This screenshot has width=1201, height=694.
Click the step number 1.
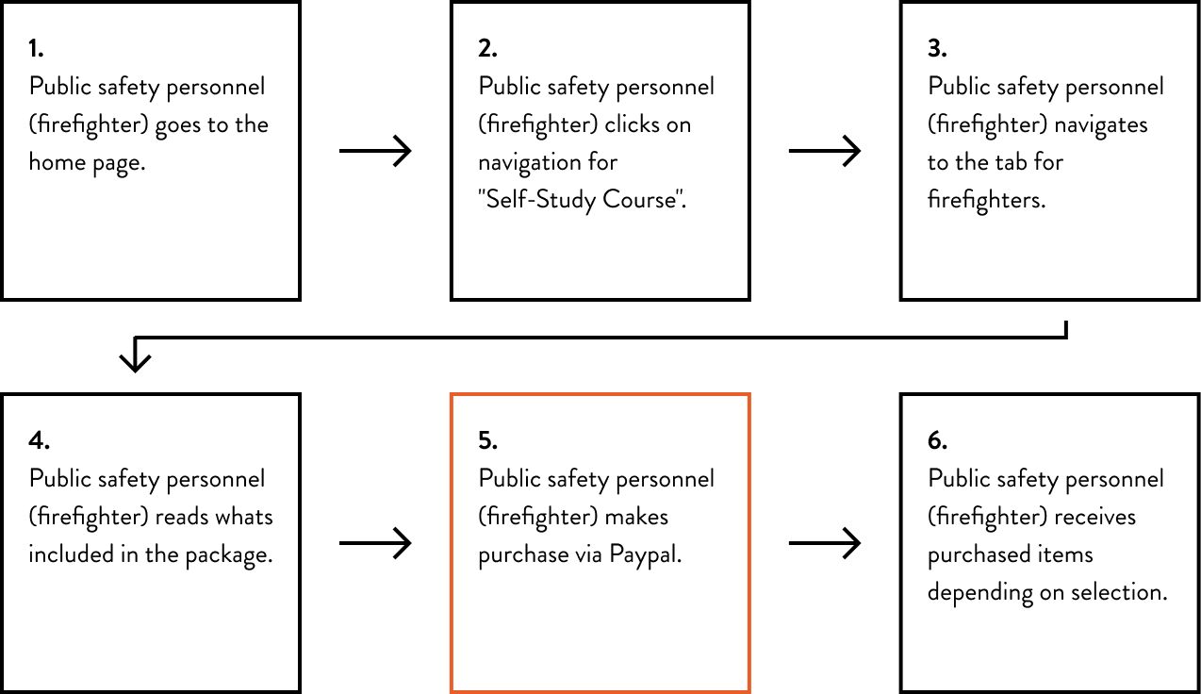tap(36, 48)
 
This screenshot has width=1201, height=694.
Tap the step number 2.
tap(487, 48)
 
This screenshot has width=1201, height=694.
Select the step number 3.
tap(937, 48)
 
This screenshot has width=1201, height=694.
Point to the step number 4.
tap(40, 440)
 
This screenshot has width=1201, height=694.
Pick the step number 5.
tap(487, 440)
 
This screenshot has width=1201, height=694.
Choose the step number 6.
tap(937, 440)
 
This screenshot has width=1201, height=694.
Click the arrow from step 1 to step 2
tap(375, 151)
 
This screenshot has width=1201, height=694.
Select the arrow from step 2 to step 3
tap(825, 151)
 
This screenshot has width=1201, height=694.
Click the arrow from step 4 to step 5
tap(375, 543)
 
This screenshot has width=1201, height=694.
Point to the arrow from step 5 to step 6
tap(825, 543)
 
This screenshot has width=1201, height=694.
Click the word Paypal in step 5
tap(645, 555)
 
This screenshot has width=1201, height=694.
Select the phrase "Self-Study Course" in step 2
tap(583, 200)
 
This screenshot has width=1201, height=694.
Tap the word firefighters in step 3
tap(986, 200)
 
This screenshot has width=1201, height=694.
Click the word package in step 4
tap(228, 556)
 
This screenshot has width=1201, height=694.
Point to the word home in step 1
tap(57, 162)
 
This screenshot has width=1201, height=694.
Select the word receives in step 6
tap(1094, 517)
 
